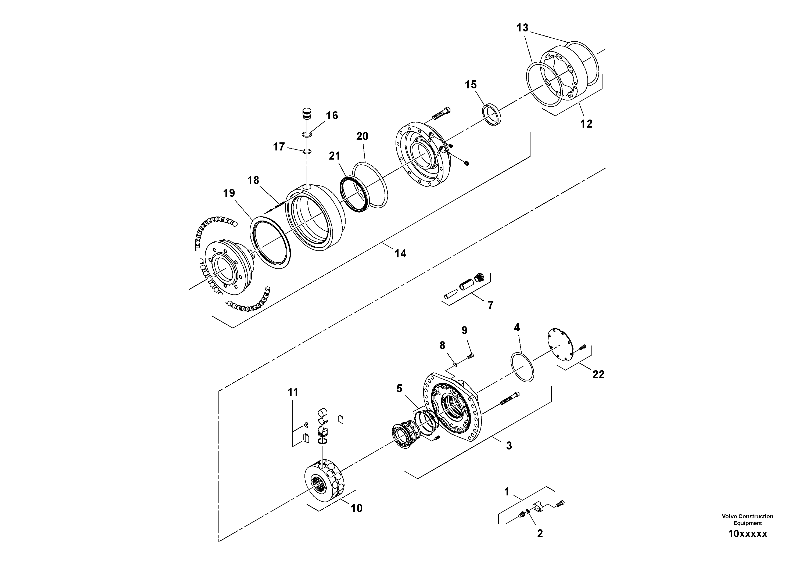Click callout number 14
click(x=400, y=254)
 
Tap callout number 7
click(x=491, y=305)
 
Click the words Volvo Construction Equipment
click(x=747, y=519)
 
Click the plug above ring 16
click(x=307, y=114)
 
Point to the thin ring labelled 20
click(x=370, y=185)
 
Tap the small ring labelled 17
click(x=307, y=151)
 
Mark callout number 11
click(x=293, y=392)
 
